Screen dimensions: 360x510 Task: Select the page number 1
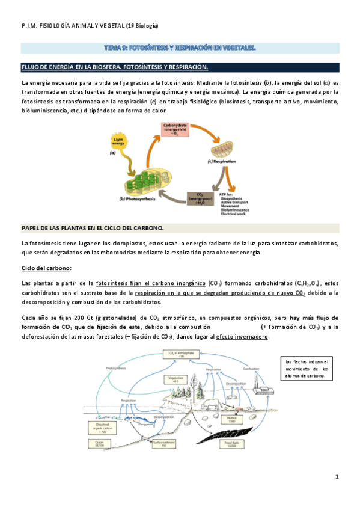[337, 478]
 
